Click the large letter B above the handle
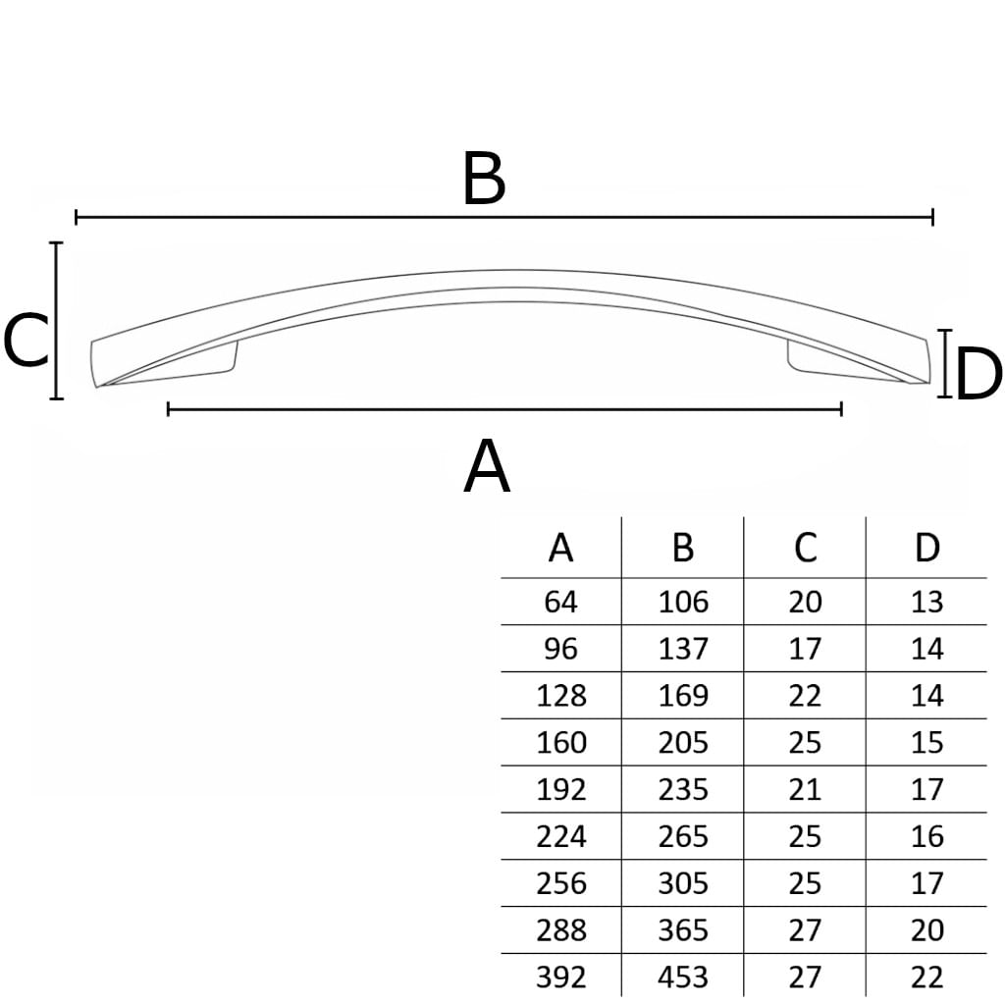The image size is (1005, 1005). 484,179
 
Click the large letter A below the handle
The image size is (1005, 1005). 487,466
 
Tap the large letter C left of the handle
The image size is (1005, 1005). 26,340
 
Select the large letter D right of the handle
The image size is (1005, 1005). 979,373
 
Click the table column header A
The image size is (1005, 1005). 560,548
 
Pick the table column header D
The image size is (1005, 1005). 926,548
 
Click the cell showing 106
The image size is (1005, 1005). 683,602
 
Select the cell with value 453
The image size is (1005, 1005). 683,977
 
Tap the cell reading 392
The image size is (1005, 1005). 560,977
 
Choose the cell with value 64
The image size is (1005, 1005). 560,602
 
